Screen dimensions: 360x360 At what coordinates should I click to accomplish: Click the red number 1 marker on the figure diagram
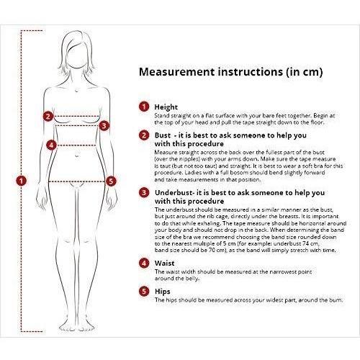click(21, 181)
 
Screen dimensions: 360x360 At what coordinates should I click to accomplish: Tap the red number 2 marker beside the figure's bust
click(48, 117)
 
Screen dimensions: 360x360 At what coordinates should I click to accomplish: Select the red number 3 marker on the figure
click(104, 125)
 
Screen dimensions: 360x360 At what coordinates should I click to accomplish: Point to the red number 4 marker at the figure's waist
click(51, 145)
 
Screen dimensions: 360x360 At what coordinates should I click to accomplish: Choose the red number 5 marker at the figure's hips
click(111, 181)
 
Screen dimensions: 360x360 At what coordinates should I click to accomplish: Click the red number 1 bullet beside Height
click(144, 107)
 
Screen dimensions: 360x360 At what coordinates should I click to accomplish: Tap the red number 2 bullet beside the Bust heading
click(144, 135)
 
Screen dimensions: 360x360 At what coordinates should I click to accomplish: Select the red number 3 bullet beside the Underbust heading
click(144, 192)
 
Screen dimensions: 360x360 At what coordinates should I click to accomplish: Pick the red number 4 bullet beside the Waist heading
click(144, 263)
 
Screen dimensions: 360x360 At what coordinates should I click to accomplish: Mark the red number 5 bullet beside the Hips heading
click(144, 291)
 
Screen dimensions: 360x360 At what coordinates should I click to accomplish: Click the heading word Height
click(166, 107)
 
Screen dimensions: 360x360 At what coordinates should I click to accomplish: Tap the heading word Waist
click(165, 264)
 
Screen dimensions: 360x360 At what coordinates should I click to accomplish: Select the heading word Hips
click(163, 292)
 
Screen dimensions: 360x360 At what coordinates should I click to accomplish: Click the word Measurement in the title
click(177, 72)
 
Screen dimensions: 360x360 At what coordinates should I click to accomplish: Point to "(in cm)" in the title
click(305, 72)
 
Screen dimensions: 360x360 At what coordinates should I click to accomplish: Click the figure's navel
click(77, 156)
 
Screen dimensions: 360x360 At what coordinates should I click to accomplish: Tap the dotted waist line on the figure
click(76, 145)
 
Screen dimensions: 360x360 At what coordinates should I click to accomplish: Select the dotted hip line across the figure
click(77, 181)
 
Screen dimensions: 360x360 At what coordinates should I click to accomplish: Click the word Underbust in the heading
click(174, 193)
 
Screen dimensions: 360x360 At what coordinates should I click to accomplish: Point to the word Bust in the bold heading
click(163, 135)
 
